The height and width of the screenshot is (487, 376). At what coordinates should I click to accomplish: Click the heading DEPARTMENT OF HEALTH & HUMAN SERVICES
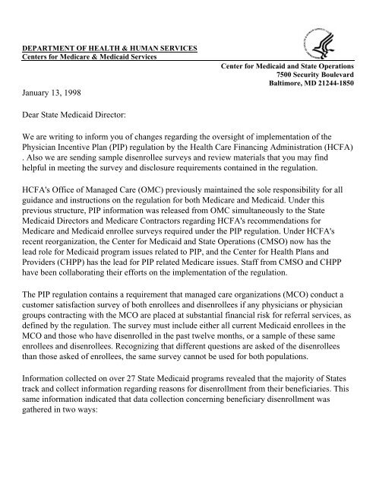click(109, 50)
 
